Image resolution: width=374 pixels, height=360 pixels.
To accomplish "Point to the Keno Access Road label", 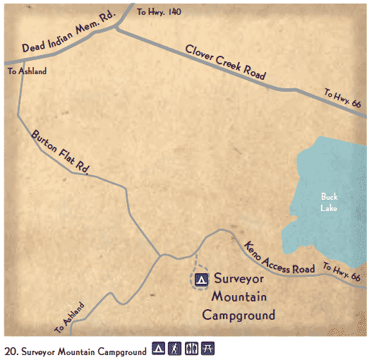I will [279, 258].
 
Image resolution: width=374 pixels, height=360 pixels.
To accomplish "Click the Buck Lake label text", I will [330, 202].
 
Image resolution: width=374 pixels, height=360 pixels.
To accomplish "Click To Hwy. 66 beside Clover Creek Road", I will [343, 97].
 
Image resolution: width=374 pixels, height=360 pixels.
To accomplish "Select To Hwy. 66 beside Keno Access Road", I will [342, 271].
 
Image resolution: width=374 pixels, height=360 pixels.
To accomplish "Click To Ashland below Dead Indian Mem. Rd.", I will [27, 71].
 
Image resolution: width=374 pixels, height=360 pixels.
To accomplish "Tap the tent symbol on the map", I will [201, 280].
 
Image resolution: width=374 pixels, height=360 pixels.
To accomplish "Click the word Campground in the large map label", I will [239, 315].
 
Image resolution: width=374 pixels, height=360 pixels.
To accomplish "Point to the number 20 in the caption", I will [10, 350].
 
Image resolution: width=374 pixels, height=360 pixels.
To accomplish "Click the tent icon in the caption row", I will [159, 349].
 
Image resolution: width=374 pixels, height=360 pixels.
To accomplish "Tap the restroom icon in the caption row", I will [192, 349].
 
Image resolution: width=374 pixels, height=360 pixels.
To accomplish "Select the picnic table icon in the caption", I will [208, 349].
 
